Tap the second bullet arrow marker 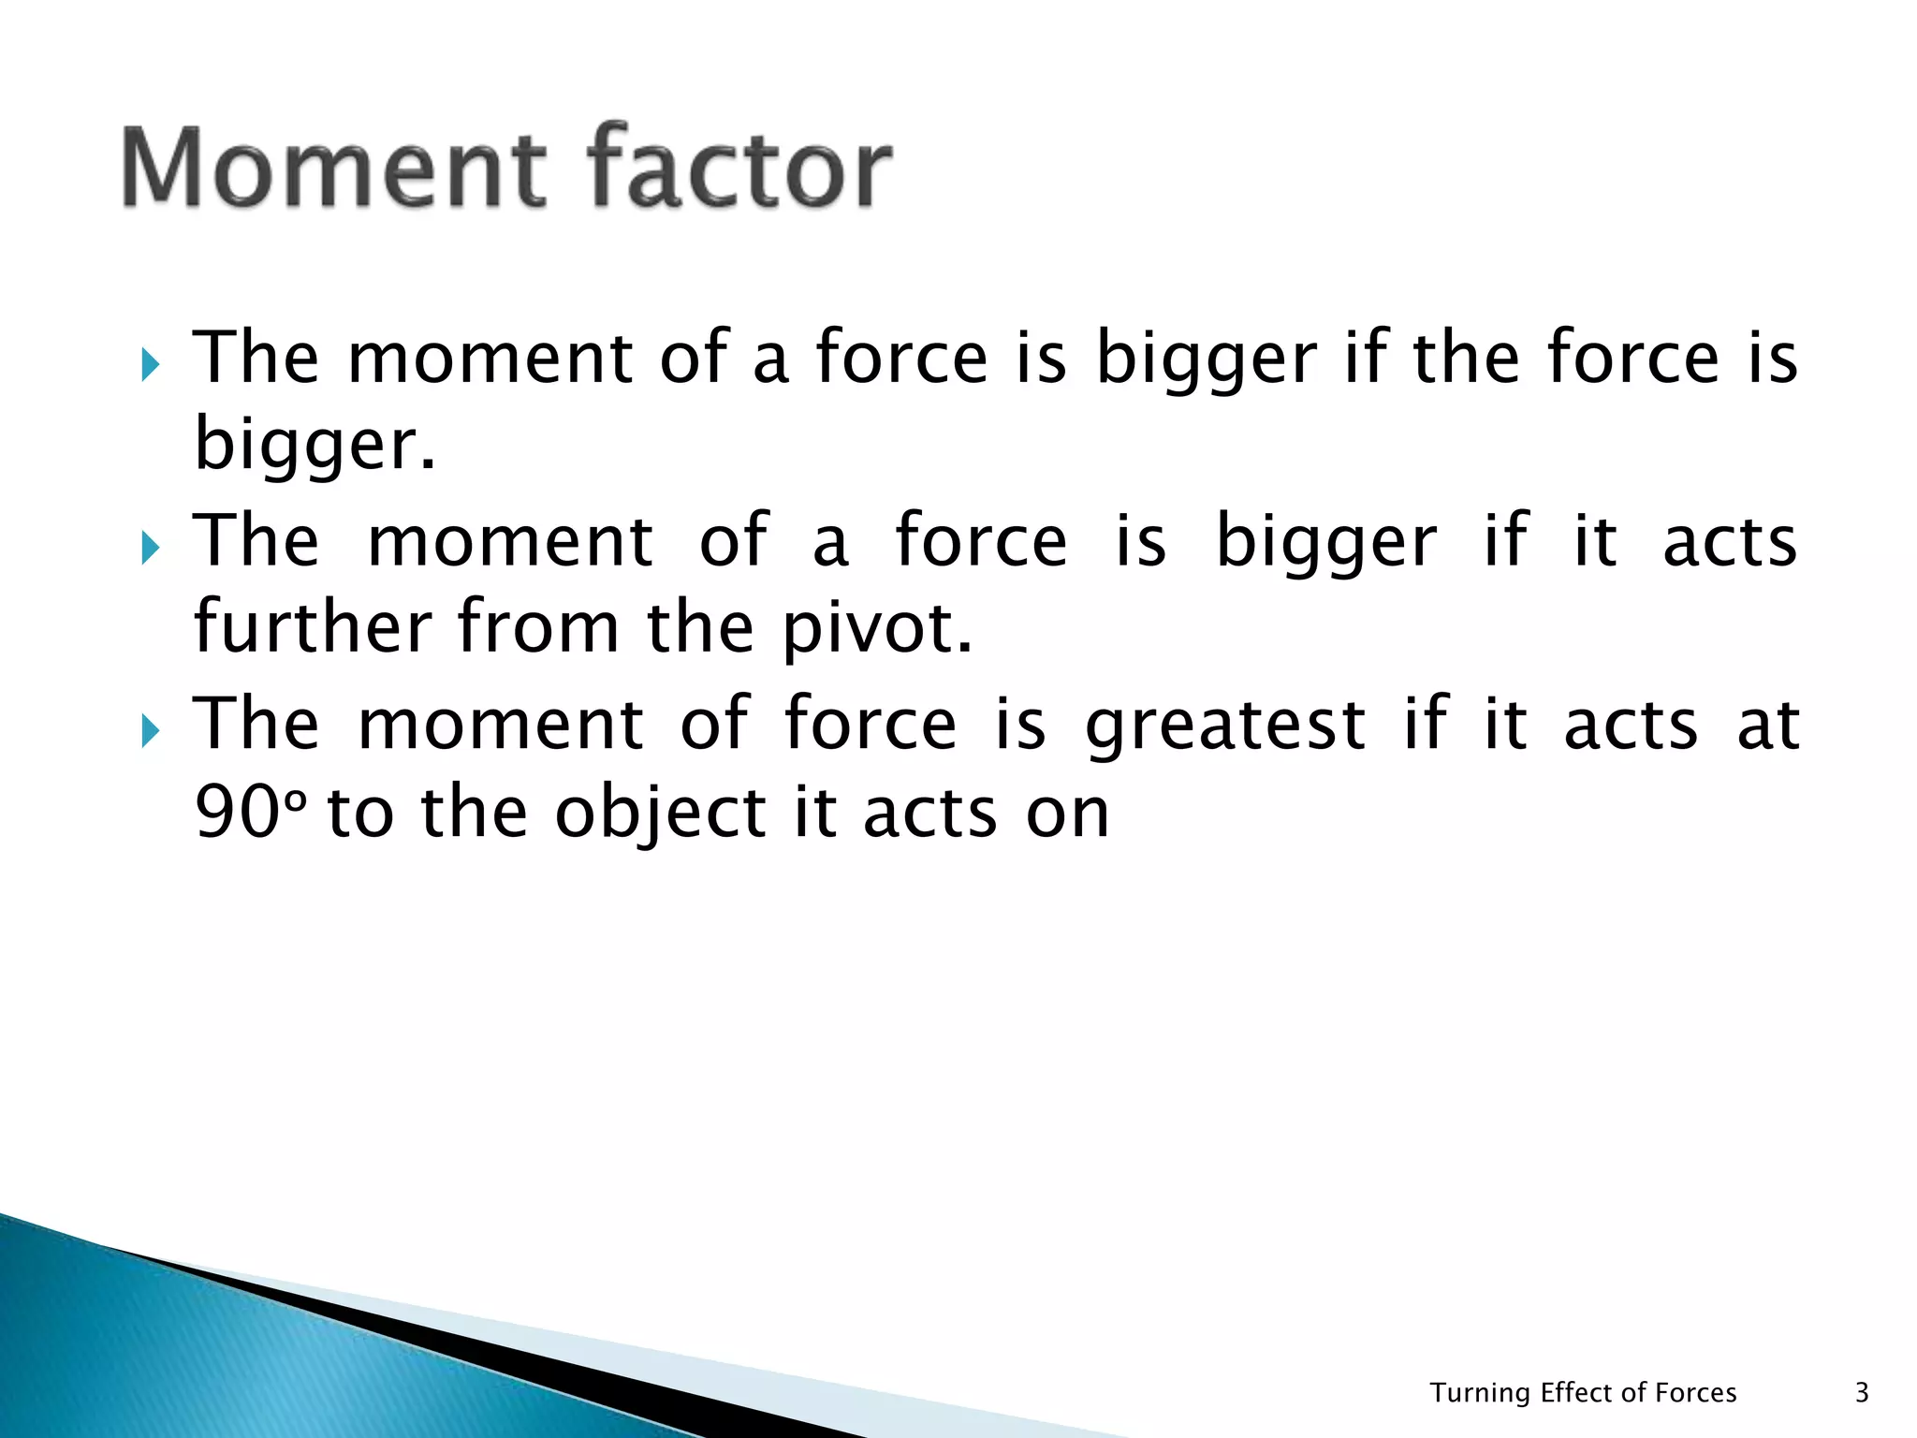click(x=150, y=548)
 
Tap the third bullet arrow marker click(x=150, y=731)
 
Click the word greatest click(x=1225, y=726)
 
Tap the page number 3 click(x=1862, y=1393)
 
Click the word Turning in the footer click(x=1480, y=1394)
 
